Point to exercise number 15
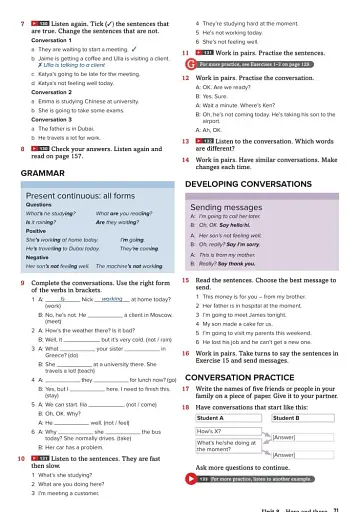coord(188,282)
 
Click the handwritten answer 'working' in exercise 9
coord(111,299)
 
